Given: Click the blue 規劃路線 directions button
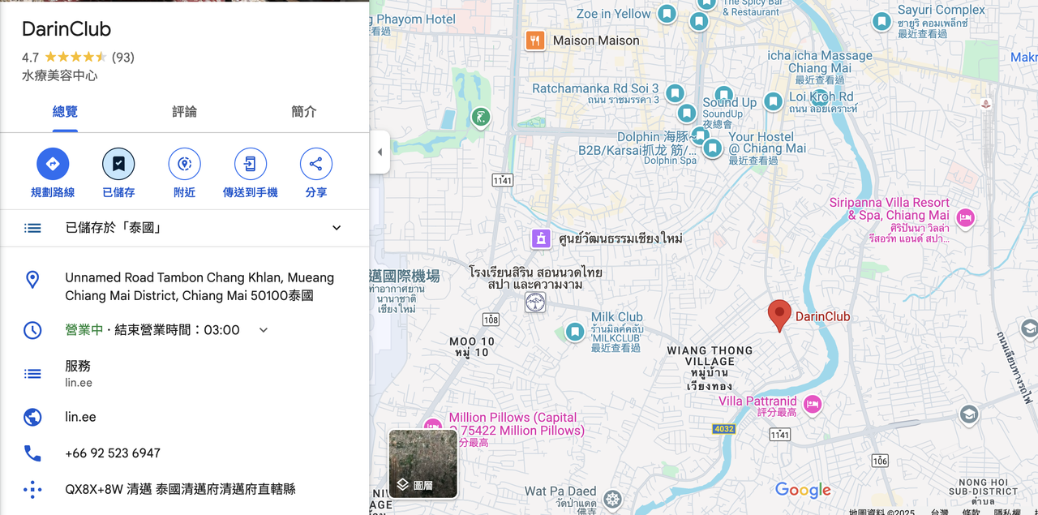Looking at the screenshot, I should tap(53, 165).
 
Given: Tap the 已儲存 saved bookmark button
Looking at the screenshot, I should tap(118, 165).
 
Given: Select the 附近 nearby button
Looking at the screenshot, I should tap(184, 165).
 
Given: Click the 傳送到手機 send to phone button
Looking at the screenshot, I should tap(250, 165).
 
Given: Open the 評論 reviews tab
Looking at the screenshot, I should tap(184, 112).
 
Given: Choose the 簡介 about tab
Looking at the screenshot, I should tap(304, 112).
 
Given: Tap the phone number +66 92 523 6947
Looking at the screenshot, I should tap(113, 453).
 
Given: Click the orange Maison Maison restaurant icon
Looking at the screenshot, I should tap(534, 41).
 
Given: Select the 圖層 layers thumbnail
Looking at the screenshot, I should tap(422, 463).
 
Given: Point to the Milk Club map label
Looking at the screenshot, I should tap(616, 317).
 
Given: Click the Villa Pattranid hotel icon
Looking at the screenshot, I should tap(813, 403).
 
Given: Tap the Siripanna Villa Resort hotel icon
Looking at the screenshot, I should tap(965, 217).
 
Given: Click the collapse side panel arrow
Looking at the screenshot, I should tap(380, 152).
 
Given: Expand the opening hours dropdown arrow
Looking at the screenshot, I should tap(263, 330).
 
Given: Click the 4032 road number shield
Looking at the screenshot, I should tap(723, 428).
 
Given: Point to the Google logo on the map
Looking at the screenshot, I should tap(803, 490).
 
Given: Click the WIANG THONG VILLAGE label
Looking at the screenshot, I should tap(710, 356).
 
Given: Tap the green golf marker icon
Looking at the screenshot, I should tap(481, 118).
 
